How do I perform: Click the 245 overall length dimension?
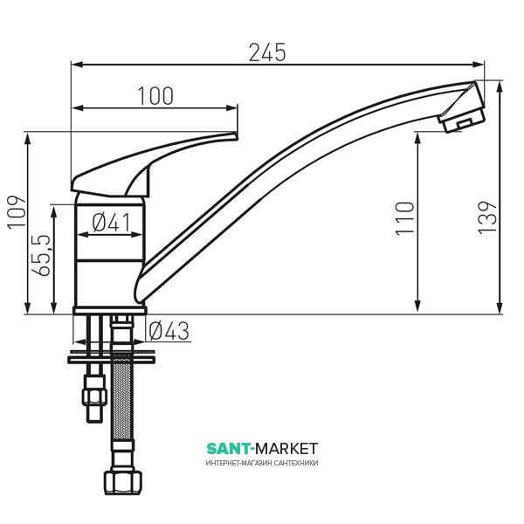pyautogui.click(x=267, y=52)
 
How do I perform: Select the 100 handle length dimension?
pyautogui.click(x=155, y=96)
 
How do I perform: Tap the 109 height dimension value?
pyautogui.click(x=17, y=212)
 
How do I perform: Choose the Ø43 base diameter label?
pyautogui.click(x=169, y=331)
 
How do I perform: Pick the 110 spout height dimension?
pyautogui.click(x=404, y=219)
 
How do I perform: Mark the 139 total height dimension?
pyautogui.click(x=487, y=217)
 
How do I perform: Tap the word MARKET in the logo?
pyautogui.click(x=286, y=449)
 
